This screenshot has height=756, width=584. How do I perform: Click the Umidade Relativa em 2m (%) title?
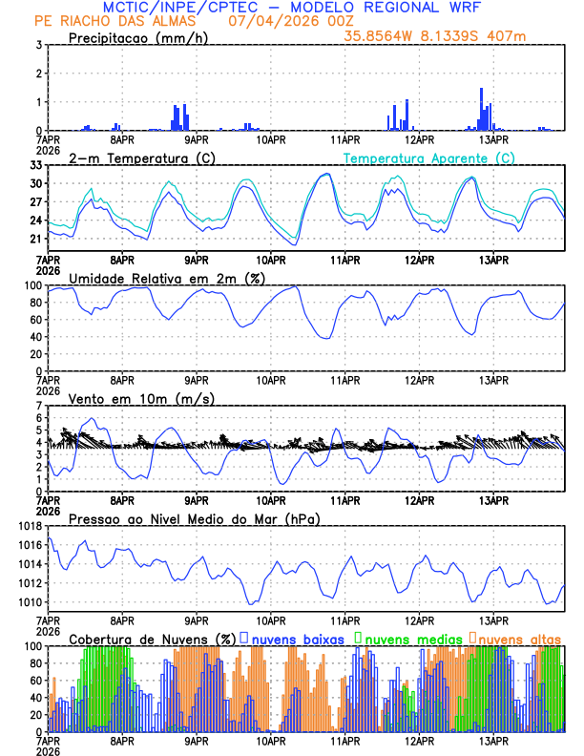[167, 278]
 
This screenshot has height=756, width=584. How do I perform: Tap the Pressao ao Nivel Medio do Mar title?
[195, 518]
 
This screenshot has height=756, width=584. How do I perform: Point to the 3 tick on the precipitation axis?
[39, 45]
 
